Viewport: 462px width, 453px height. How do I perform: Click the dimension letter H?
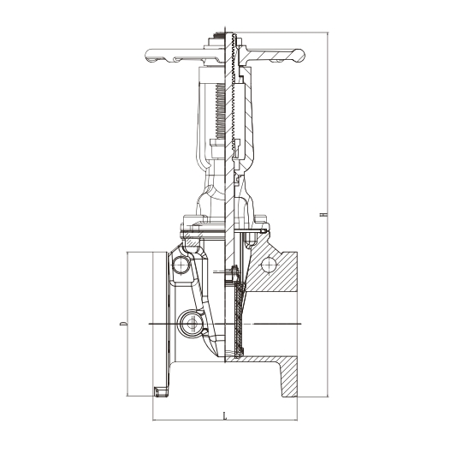(323, 214)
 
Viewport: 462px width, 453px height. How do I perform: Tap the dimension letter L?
(225, 416)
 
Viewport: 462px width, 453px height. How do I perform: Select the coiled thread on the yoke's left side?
(220, 111)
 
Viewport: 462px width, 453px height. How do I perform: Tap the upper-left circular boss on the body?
(181, 265)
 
